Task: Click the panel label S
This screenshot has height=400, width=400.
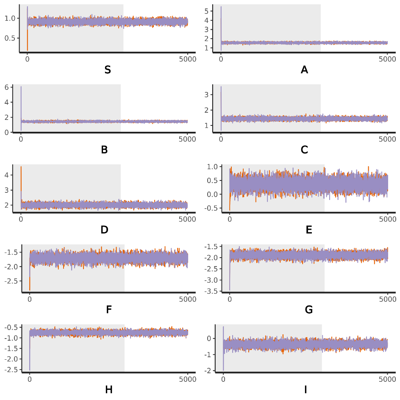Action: (108, 70)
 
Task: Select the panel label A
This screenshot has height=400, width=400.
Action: (304, 70)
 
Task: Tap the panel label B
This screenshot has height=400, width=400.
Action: (104, 150)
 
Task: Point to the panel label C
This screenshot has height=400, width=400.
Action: (304, 150)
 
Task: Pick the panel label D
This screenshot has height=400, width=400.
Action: (104, 230)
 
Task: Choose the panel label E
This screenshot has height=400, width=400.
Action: (309, 230)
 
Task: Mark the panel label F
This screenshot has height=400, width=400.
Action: (109, 310)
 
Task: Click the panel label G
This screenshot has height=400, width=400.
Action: (309, 310)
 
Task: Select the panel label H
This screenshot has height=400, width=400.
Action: (109, 390)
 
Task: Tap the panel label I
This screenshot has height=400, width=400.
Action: (306, 390)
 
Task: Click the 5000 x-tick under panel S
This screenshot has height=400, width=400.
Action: (188, 59)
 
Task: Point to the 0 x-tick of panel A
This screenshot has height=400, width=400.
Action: (221, 59)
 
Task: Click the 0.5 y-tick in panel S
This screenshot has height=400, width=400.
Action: (10, 38)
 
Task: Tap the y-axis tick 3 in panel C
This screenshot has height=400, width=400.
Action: (214, 95)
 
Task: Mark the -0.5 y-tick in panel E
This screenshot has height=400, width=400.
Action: (212, 208)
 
